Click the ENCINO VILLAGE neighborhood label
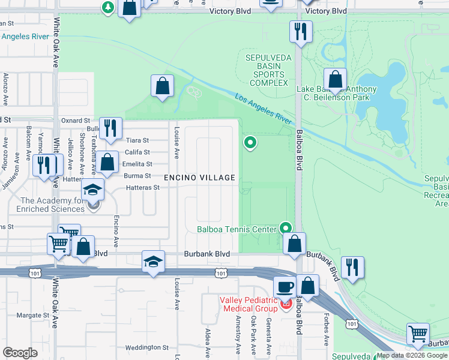pyautogui.click(x=200, y=178)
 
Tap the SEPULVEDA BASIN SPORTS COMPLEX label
pyautogui.click(x=266, y=70)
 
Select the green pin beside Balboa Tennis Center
pyautogui.click(x=286, y=228)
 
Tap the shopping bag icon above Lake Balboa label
pyautogui.click(x=335, y=79)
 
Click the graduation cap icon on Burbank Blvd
pyautogui.click(x=153, y=262)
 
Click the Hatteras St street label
pyautogui.click(x=143, y=188)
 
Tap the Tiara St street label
pyautogui.click(x=137, y=140)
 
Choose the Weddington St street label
pyautogui.click(x=147, y=347)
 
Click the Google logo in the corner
pyautogui.click(x=20, y=352)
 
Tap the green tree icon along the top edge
pyautogui.click(x=107, y=8)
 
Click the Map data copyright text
pyautogui.click(x=412, y=355)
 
